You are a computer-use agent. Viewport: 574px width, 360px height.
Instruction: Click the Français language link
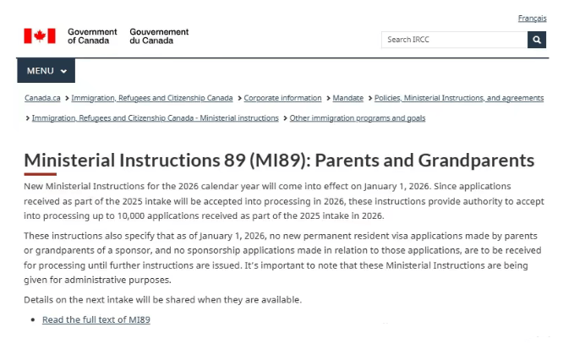coord(532,19)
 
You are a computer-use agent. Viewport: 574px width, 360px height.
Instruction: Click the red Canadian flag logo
coord(40,35)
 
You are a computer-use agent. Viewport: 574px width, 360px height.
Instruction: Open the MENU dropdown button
coord(46,71)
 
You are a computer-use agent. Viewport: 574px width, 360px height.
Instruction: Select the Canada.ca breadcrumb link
coord(42,98)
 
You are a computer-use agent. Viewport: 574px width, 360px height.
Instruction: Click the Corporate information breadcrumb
coord(282,98)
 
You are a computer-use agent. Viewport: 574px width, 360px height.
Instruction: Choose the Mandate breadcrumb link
coord(347,98)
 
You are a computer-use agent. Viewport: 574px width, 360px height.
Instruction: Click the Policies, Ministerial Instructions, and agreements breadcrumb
coord(459,98)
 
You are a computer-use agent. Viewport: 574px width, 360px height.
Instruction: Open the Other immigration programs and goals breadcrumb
coord(358,118)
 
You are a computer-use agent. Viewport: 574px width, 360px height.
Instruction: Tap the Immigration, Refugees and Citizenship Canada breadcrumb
coord(152,98)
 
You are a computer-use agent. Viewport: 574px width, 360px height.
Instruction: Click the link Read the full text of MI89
coord(96,319)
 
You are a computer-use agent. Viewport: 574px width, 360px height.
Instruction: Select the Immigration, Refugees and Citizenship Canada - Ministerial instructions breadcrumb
coord(155,118)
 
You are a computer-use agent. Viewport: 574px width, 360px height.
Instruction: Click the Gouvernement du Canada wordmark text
coord(159,35)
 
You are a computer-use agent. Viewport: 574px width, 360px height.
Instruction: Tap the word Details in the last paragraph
coord(40,300)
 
